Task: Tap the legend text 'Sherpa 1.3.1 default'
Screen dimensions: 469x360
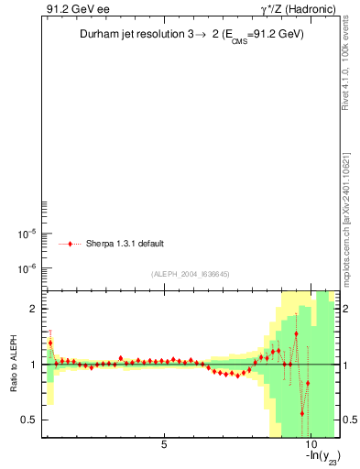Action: (125, 244)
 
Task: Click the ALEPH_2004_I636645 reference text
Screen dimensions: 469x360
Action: (190, 274)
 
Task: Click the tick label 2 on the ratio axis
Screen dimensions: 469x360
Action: (32, 309)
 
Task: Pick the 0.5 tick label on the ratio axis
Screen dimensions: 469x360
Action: (28, 420)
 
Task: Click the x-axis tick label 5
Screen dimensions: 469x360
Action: (164, 446)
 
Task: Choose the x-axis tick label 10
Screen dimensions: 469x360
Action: (310, 446)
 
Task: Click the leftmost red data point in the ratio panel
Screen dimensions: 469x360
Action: (50, 343)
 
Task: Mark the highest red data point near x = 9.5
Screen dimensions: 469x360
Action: (296, 333)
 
